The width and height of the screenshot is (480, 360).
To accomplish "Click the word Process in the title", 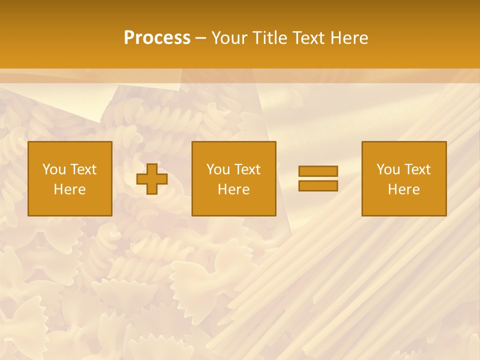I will (x=157, y=38).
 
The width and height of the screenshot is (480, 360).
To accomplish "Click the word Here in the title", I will (x=349, y=38).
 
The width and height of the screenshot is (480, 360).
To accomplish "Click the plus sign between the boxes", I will (x=152, y=179).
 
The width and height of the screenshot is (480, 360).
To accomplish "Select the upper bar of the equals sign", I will (x=318, y=171).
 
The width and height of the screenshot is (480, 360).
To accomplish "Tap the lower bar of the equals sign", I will (x=318, y=186).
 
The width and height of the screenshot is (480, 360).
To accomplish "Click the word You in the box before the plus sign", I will (x=53, y=169).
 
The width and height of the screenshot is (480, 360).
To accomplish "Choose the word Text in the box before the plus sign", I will (x=82, y=169).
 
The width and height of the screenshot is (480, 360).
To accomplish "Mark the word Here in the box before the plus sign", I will (x=69, y=189).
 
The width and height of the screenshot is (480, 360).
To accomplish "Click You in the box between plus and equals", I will (x=217, y=169).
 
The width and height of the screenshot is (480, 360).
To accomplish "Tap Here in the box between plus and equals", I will (x=233, y=189).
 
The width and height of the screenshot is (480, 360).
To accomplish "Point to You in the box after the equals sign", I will (x=387, y=169).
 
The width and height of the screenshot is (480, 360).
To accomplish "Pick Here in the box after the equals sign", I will (x=403, y=189).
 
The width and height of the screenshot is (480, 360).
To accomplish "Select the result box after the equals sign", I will (x=404, y=205).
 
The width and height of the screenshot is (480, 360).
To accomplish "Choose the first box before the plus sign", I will (x=70, y=205).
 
